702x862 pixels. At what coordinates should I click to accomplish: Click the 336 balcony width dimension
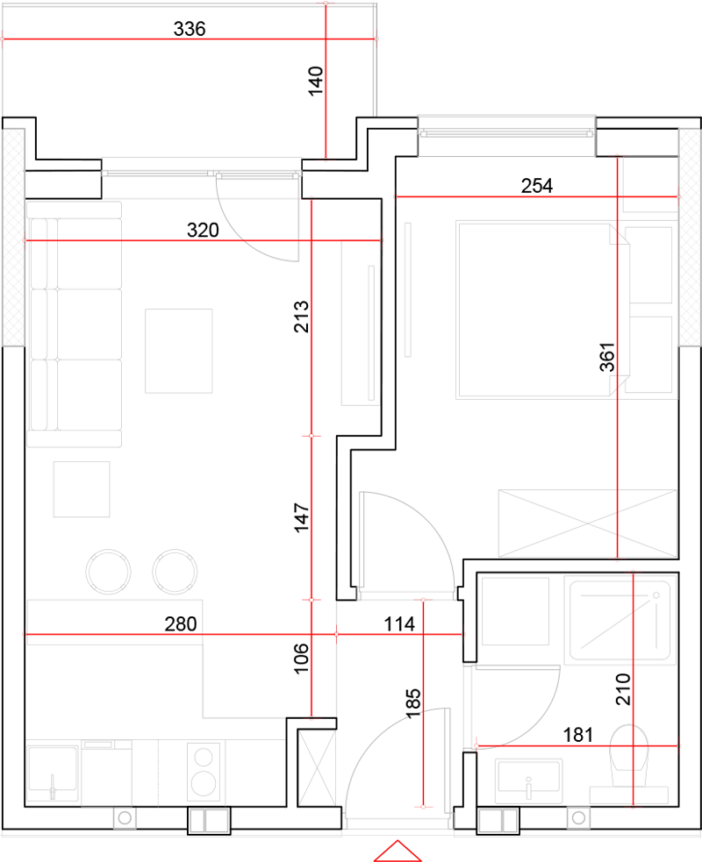[190, 29]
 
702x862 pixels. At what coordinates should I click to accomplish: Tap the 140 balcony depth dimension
[315, 82]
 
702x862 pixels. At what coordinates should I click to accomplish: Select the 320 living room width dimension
[203, 230]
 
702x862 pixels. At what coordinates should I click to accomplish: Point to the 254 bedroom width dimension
[537, 186]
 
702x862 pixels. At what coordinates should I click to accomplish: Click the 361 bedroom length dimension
[607, 357]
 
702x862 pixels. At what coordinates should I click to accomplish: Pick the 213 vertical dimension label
[301, 317]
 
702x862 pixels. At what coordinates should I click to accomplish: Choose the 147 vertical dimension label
[301, 518]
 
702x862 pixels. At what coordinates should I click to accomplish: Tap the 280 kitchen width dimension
[181, 624]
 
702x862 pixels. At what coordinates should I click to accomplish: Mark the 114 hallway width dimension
[399, 624]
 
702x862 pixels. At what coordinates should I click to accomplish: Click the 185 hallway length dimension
[412, 703]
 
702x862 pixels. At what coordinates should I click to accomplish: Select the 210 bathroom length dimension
[623, 689]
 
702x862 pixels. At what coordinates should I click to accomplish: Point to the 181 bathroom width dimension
[577, 735]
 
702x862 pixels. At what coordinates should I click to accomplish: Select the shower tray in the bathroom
[620, 621]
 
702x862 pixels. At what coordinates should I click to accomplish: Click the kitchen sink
[53, 773]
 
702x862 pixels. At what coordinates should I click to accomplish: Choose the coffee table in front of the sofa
[179, 351]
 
